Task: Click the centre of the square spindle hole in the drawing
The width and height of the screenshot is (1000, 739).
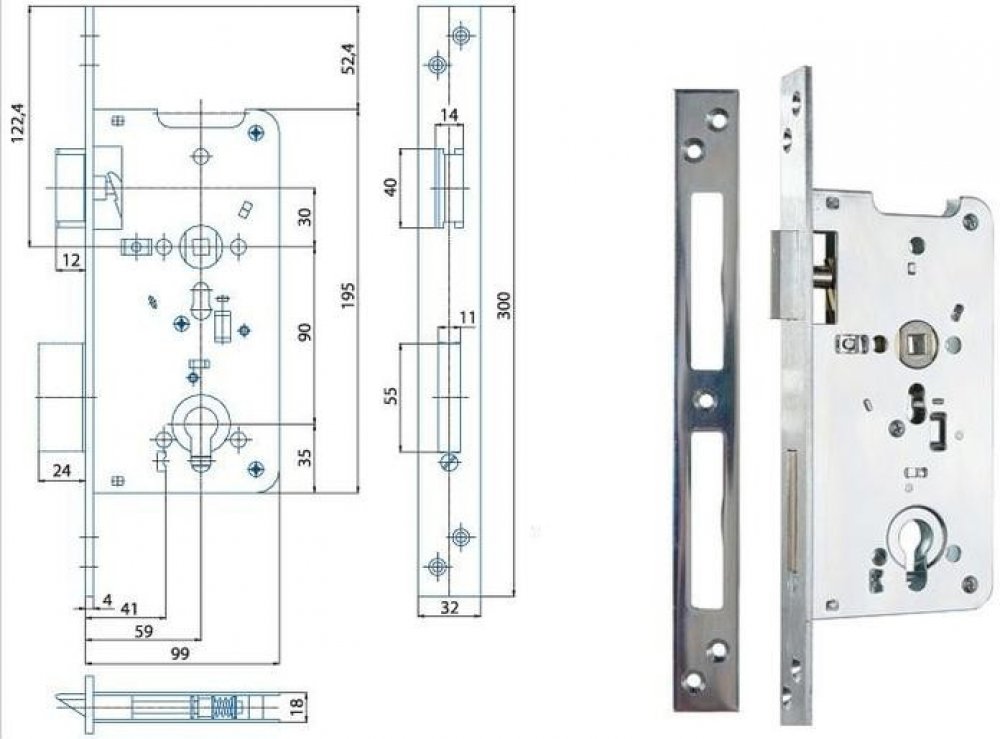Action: (x=200, y=245)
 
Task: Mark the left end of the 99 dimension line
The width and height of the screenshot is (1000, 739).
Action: (x=85, y=664)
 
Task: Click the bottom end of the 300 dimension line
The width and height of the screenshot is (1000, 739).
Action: (x=513, y=597)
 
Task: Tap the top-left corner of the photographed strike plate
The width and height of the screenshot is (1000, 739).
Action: (x=674, y=90)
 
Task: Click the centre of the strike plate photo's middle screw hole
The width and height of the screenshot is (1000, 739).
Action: (x=704, y=400)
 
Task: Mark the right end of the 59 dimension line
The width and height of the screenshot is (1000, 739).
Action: (x=200, y=640)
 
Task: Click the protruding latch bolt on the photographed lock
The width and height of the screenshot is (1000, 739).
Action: (x=784, y=274)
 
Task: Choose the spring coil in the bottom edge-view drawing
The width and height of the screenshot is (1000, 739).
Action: (x=220, y=706)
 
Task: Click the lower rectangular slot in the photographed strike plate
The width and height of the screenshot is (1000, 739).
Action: (x=706, y=521)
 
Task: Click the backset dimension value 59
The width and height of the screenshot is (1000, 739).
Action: (x=144, y=631)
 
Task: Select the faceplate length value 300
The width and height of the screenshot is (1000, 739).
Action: (x=503, y=305)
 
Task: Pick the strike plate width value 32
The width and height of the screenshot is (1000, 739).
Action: (x=450, y=607)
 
